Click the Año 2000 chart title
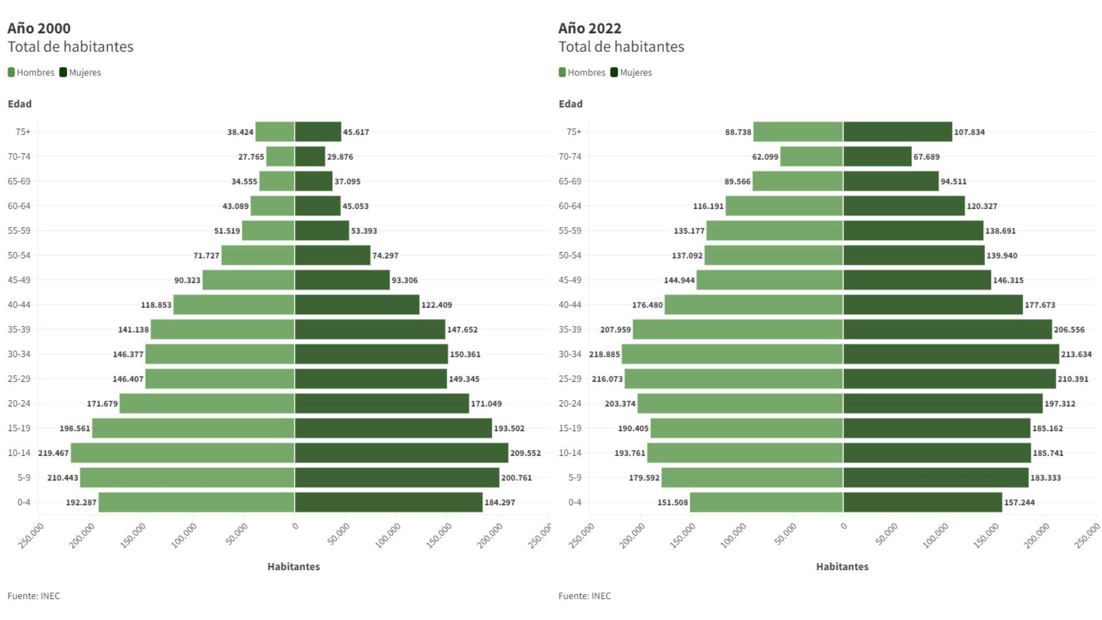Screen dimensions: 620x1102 [x=39, y=28]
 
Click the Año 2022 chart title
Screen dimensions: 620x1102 [x=589, y=28]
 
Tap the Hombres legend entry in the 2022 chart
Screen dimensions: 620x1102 [x=582, y=72]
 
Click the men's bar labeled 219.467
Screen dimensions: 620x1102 [x=183, y=453]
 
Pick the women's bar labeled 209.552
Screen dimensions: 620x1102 [x=401, y=453]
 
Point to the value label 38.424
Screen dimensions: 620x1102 [x=240, y=132]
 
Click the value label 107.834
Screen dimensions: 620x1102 [x=969, y=132]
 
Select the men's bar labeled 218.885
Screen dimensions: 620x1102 [x=732, y=354]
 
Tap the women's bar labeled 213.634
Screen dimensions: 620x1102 [x=951, y=354]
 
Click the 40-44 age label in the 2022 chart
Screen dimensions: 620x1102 [x=570, y=305]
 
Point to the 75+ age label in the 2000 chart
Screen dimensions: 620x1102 [x=23, y=132]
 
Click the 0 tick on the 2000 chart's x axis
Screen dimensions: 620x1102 [x=295, y=526]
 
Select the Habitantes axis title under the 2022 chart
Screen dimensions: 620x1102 [x=842, y=567]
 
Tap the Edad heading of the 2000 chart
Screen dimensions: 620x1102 [x=20, y=104]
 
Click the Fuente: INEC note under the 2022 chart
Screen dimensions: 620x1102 [x=584, y=596]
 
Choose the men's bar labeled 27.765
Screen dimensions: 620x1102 [x=280, y=157]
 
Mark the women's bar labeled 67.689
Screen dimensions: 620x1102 [x=877, y=157]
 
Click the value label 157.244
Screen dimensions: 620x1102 [x=1019, y=502]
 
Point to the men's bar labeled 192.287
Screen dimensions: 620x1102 [x=196, y=502]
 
